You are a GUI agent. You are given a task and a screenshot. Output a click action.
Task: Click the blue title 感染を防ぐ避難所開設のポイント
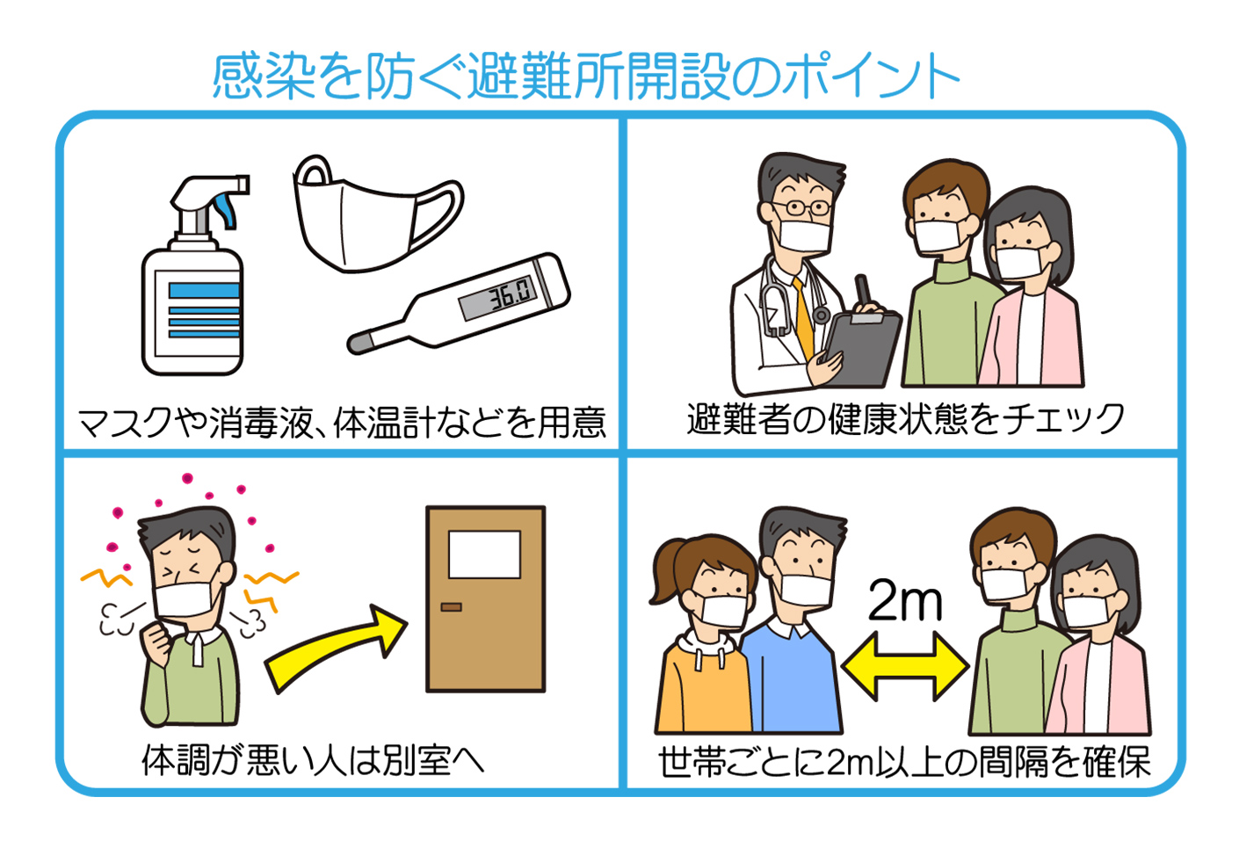(x=584, y=77)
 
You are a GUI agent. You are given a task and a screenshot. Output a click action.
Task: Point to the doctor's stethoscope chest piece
(x=821, y=315)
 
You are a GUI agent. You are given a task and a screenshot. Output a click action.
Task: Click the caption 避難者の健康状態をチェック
(x=905, y=418)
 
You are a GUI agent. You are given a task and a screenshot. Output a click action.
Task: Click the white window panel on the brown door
(x=484, y=554)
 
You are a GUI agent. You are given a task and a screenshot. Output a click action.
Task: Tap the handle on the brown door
(x=451, y=607)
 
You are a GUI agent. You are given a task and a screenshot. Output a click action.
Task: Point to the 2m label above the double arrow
(x=905, y=602)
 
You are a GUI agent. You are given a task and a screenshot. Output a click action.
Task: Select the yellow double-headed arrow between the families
(x=905, y=667)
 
